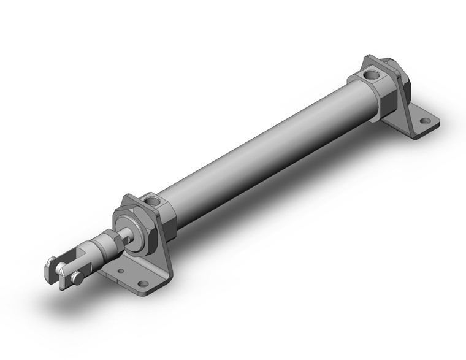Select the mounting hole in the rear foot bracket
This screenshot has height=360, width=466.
click(422, 120)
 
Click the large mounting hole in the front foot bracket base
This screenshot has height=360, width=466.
click(143, 284)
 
